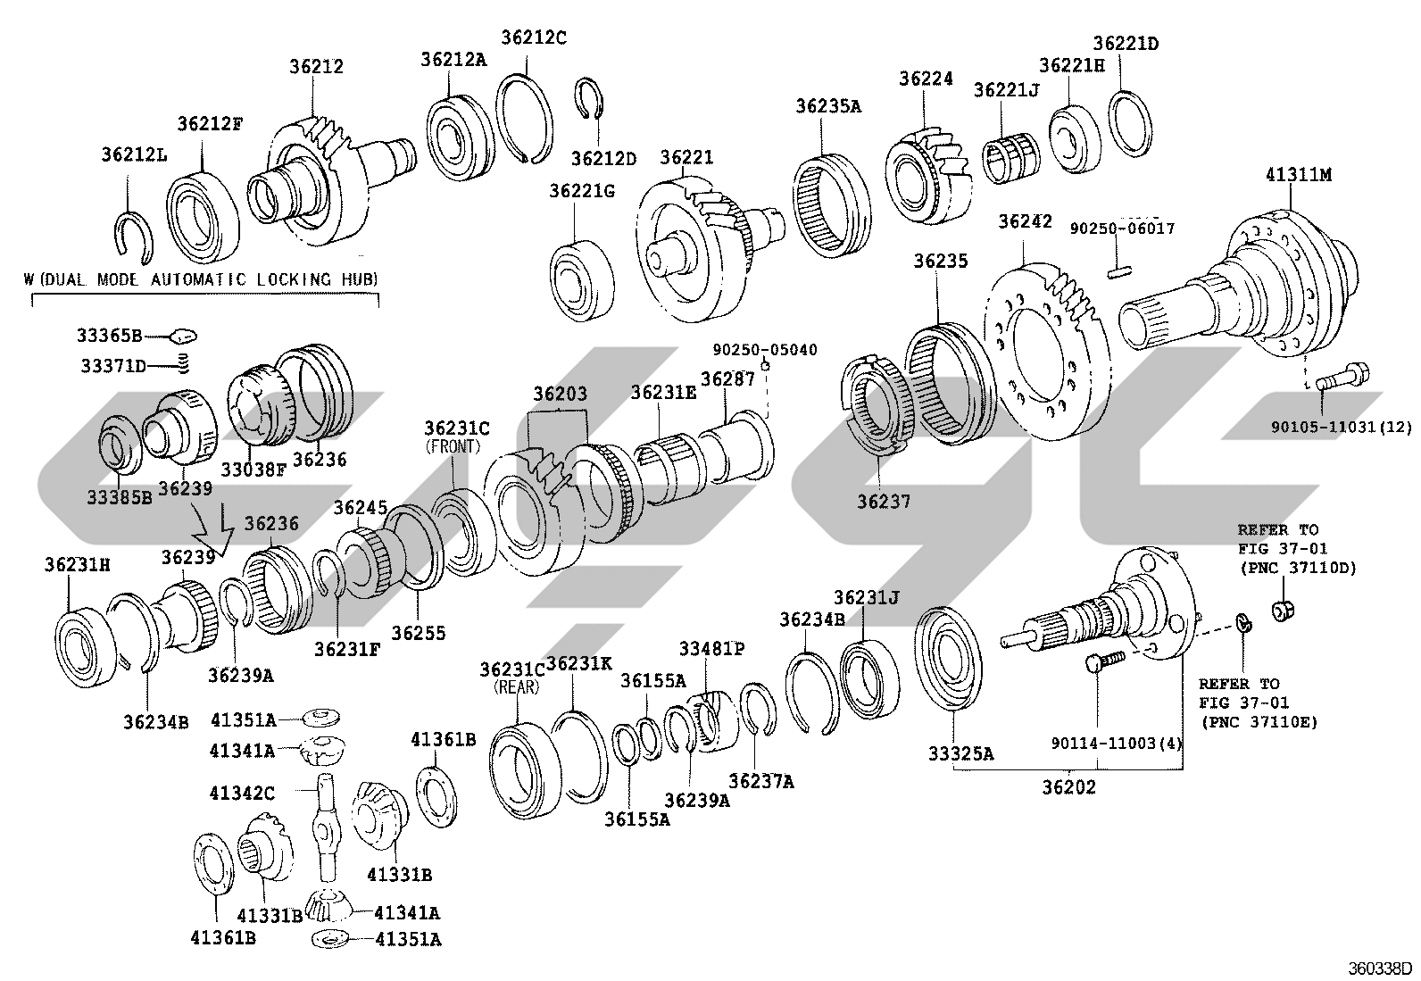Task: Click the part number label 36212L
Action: pos(135,154)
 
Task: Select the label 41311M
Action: pos(1299,174)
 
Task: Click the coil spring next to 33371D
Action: pos(183,363)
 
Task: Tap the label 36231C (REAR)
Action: pos(512,677)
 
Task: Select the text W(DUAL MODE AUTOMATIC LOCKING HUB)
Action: pos(201,279)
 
